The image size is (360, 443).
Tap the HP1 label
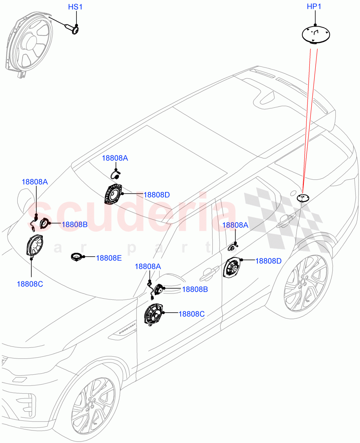pos(315,7)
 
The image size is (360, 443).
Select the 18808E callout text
pos(109,258)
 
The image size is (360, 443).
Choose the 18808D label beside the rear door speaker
pos(268,261)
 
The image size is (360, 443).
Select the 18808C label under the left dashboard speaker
pos(30,284)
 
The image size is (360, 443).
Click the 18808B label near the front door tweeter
pos(195,289)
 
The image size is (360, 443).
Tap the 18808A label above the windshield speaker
pos(114,158)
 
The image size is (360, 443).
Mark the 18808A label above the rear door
pos(235,225)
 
